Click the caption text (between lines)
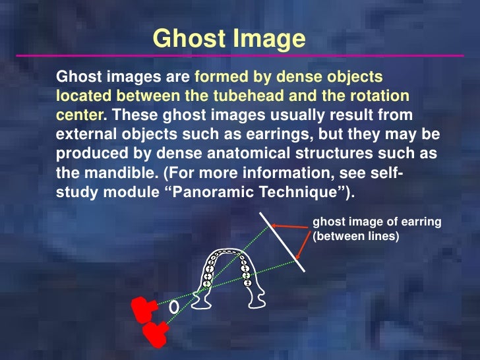[x=357, y=235]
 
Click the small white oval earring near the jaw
[x=174, y=307]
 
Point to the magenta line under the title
[x=240, y=55]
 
